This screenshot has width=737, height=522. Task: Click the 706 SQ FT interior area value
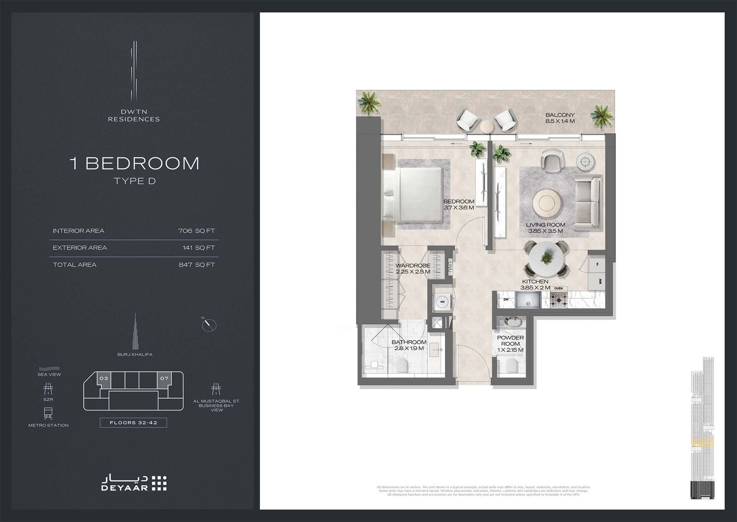pyautogui.click(x=197, y=231)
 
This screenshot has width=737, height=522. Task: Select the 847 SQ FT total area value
pyautogui.click(x=197, y=265)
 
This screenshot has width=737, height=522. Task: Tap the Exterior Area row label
pyautogui.click(x=80, y=248)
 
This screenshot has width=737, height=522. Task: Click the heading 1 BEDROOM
pyautogui.click(x=135, y=163)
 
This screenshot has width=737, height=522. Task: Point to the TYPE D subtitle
pyautogui.click(x=135, y=181)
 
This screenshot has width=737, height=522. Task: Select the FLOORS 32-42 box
pyautogui.click(x=133, y=422)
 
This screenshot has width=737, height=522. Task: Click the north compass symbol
pyautogui.click(x=209, y=324)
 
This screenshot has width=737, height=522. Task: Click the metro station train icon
pyautogui.click(x=48, y=413)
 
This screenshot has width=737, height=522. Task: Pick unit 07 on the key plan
pyautogui.click(x=164, y=379)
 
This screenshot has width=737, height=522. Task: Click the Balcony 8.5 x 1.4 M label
pyautogui.click(x=560, y=118)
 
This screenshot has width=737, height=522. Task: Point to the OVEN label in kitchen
pyautogui.click(x=558, y=289)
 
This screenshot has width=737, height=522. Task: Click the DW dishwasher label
pyautogui.click(x=506, y=299)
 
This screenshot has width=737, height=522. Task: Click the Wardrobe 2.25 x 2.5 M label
pyautogui.click(x=413, y=268)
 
